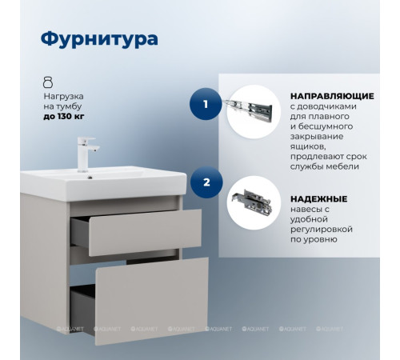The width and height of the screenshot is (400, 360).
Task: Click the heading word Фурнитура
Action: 98,39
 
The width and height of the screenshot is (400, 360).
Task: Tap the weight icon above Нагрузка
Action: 48,82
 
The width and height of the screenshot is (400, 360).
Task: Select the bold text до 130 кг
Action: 65,115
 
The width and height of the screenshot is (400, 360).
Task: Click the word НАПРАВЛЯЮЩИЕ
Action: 328,94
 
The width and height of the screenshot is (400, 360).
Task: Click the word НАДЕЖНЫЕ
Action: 317,198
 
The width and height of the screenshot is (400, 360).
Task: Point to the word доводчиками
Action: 327,106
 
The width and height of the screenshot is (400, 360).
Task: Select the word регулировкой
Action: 323,236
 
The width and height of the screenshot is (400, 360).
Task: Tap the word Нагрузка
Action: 63,95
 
